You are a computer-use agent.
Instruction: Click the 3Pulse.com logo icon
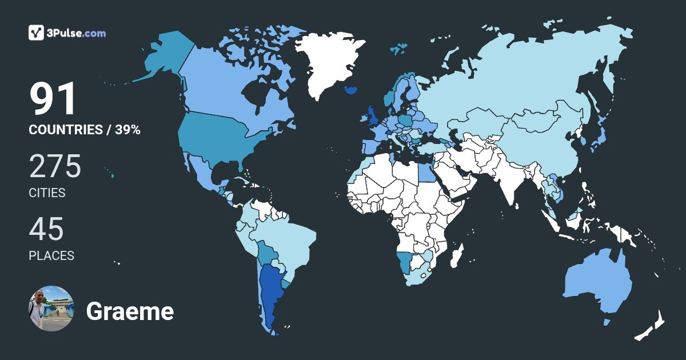[x=37, y=33]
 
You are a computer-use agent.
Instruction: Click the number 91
[x=53, y=99]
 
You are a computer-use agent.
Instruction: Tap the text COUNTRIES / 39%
[x=85, y=130]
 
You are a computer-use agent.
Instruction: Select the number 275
[x=55, y=166]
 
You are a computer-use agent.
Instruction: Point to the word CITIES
[x=47, y=193]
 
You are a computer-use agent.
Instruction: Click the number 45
[x=46, y=229]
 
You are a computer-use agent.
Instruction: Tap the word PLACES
[x=51, y=256]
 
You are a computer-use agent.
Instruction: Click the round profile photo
[x=51, y=309]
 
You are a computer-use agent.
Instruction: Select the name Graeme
[x=130, y=311]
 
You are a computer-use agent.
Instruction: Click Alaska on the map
[x=166, y=54]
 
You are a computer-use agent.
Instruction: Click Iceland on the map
[x=351, y=90]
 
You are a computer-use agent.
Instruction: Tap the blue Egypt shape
[x=425, y=170]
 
